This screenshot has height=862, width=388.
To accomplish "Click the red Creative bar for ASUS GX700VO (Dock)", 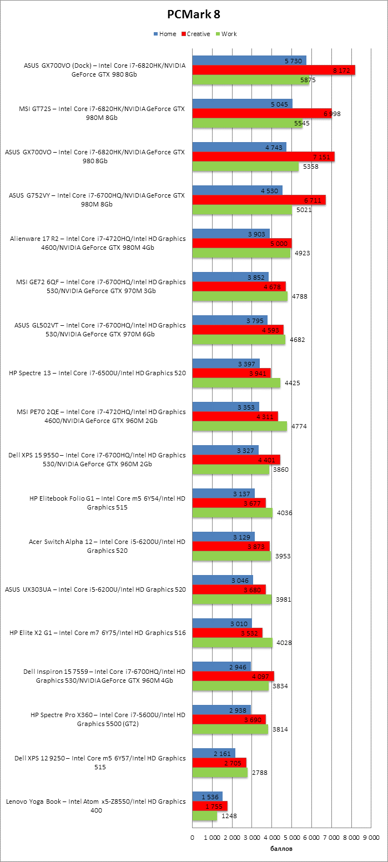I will click(x=274, y=70).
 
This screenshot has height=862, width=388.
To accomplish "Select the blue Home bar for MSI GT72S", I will click(x=242, y=104).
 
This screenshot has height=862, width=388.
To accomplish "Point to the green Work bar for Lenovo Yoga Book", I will click(x=205, y=816).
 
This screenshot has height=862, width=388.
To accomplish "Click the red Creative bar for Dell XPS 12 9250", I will click(x=219, y=763).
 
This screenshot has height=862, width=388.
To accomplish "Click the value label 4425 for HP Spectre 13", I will click(x=292, y=383).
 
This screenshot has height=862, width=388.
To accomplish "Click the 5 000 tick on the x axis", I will click(x=291, y=838).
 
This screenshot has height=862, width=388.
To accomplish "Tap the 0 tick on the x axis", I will click(x=193, y=838).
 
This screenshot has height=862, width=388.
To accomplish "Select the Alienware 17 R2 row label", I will click(x=98, y=243).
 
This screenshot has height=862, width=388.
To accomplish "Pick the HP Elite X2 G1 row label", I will click(x=98, y=633).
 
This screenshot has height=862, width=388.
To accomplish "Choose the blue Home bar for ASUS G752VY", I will click(x=238, y=190).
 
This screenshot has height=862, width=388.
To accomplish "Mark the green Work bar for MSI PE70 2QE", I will click(x=240, y=426).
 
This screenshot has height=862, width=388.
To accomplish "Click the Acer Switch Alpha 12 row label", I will click(x=107, y=546).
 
